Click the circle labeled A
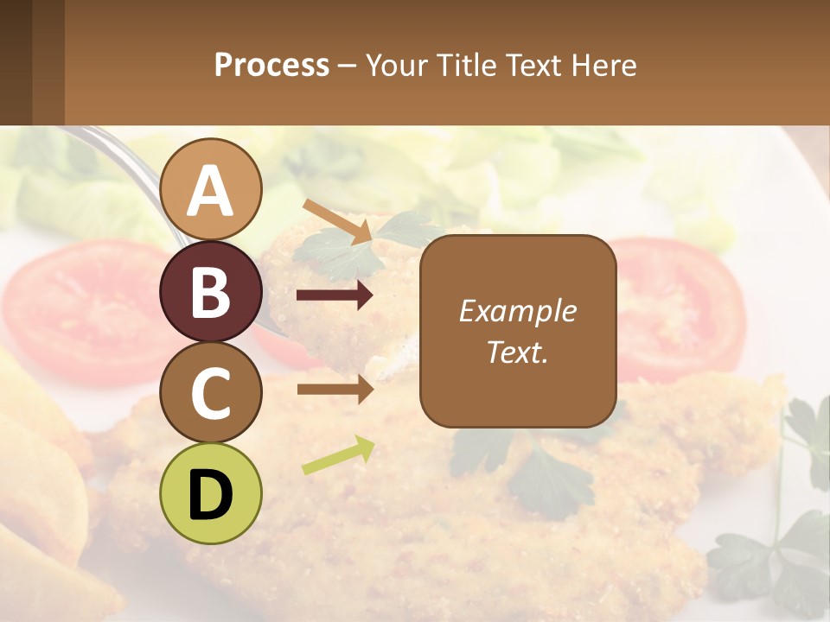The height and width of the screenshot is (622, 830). pos(211,191)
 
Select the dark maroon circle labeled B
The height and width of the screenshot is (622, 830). pos(211,292)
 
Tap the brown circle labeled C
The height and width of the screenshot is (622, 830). pos(211,393)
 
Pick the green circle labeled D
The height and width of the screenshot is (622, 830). pos(211,494)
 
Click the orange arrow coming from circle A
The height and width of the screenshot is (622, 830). pos(336,220)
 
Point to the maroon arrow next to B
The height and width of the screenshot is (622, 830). pos(335,296)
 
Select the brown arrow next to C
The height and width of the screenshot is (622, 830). pos(335,390)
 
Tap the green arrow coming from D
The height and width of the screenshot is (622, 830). pos(338,455)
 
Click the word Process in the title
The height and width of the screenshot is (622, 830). pos(271,66)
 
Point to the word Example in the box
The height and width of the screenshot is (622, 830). pos(517,311)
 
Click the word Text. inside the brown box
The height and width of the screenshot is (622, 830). pos(517,352)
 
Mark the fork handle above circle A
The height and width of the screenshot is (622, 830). pos(130,155)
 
